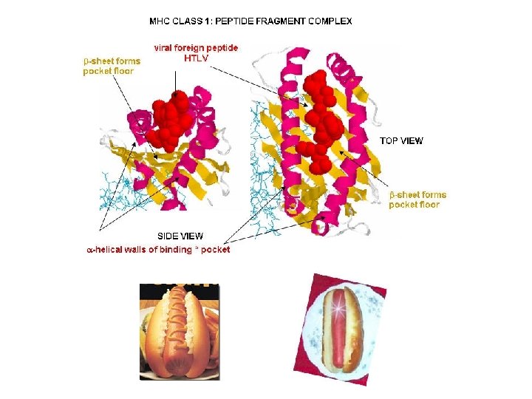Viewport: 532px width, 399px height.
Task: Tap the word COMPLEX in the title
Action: [x=330, y=21]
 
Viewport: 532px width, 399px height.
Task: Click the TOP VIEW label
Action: [x=401, y=140]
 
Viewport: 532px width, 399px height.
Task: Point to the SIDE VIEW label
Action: [x=180, y=236]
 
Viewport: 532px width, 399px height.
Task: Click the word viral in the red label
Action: [x=166, y=47]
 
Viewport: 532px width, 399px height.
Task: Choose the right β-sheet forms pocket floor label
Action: [x=417, y=199]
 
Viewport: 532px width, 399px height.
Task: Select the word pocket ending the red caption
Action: [x=216, y=250]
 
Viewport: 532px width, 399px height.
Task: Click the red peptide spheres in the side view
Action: [x=168, y=118]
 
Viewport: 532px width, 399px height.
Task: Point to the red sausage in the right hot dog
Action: [x=341, y=329]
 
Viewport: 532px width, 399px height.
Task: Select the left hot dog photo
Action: [x=180, y=330]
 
